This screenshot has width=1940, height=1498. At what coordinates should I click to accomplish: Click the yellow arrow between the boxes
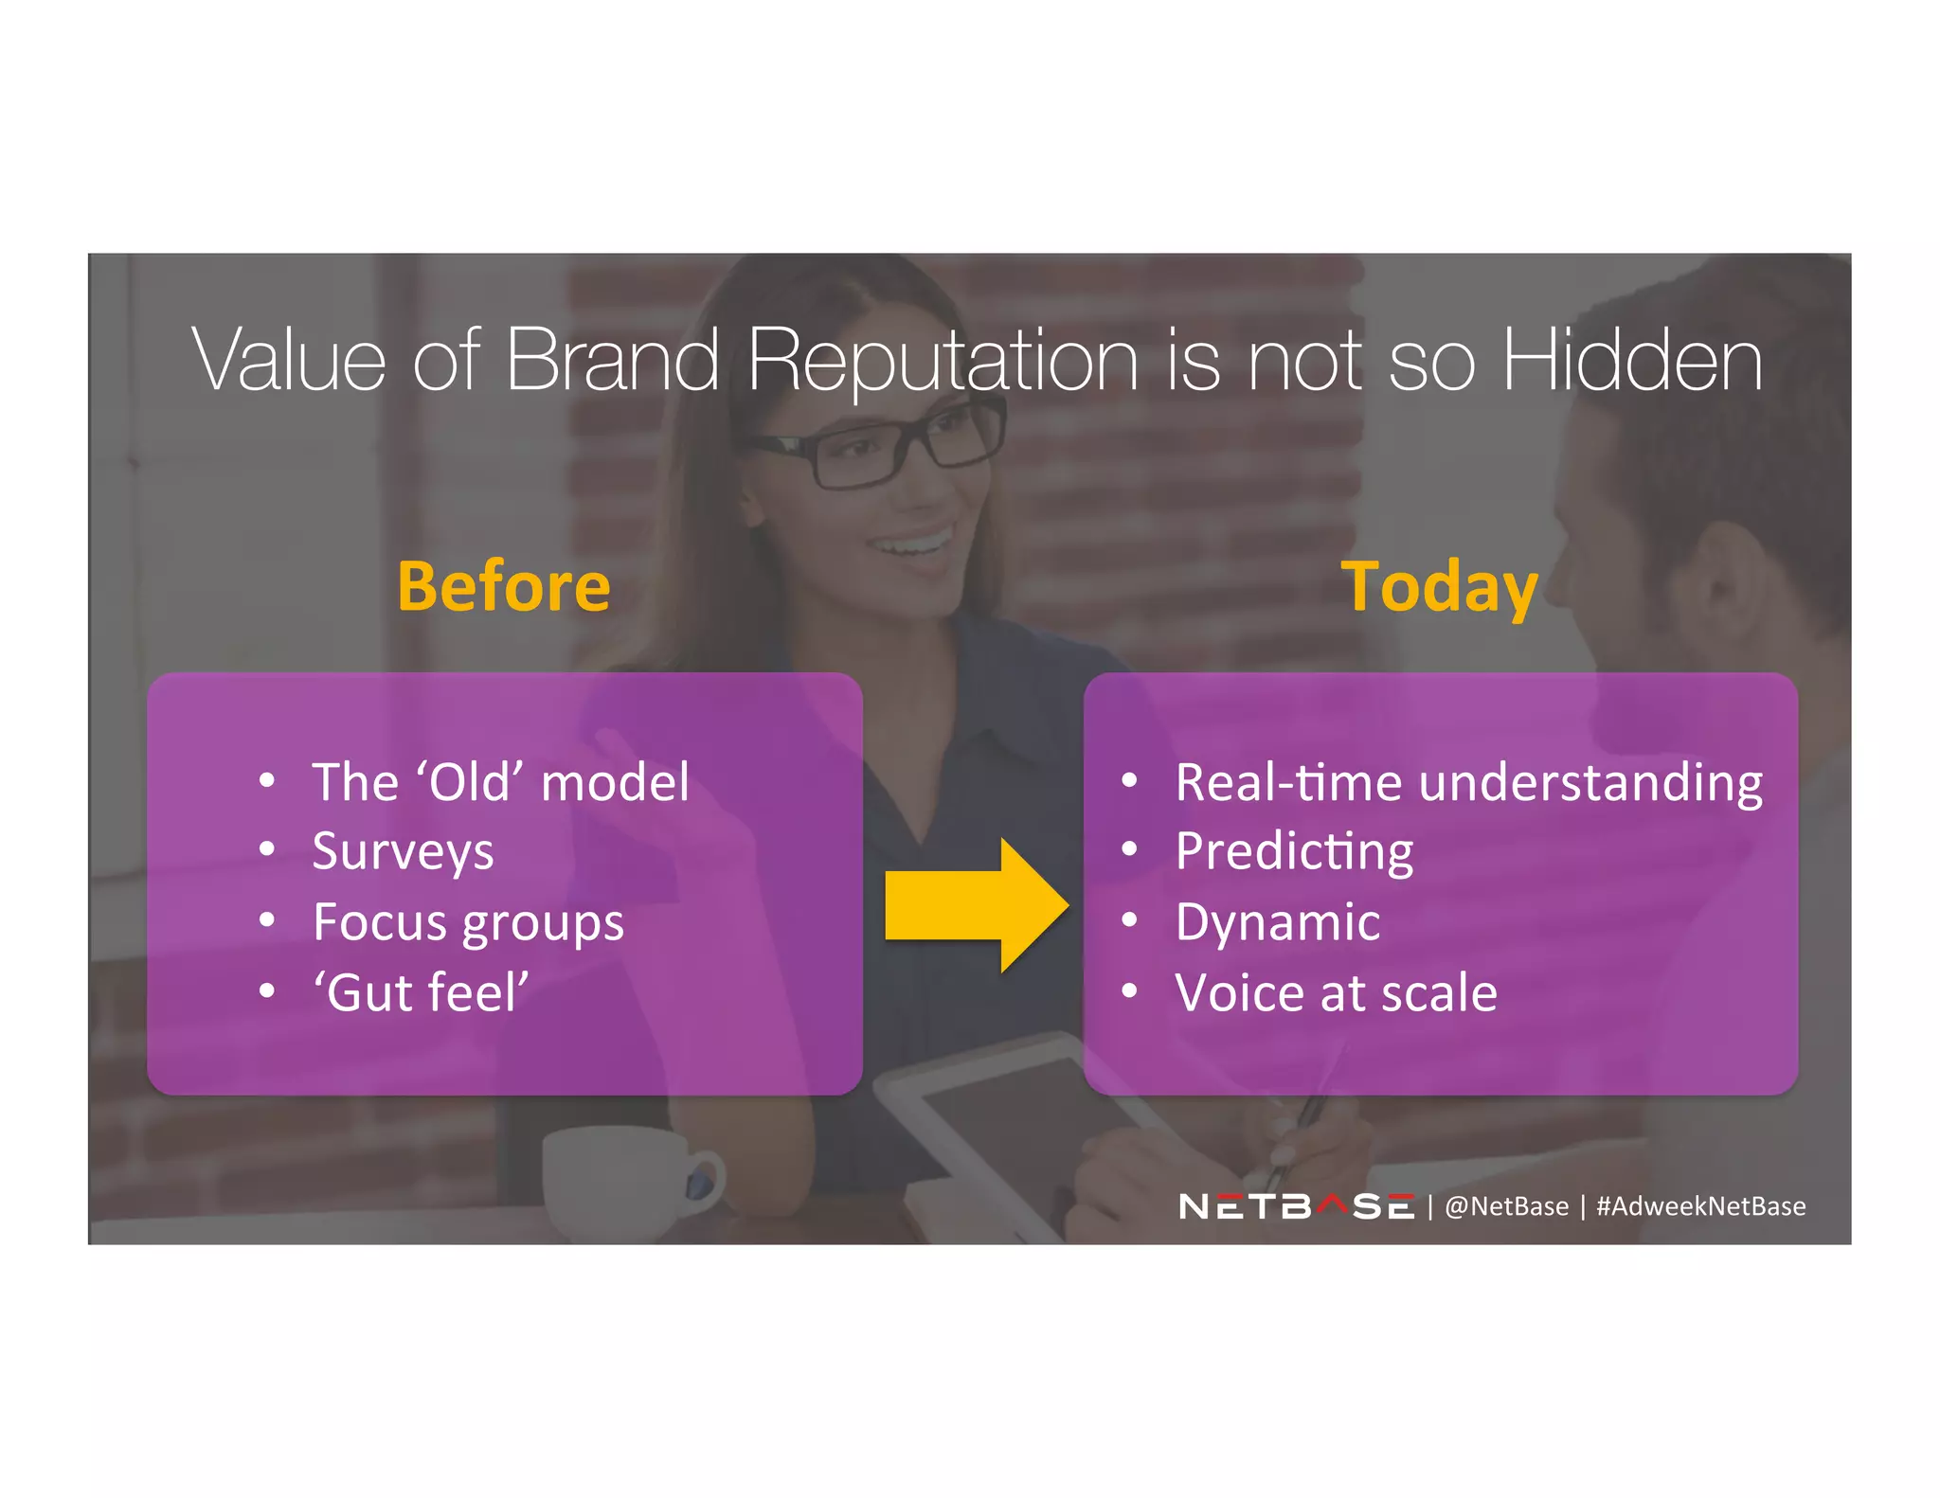point(976,905)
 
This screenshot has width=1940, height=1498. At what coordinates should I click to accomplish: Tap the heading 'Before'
point(503,586)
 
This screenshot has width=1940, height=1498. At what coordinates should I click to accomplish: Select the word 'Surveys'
point(403,851)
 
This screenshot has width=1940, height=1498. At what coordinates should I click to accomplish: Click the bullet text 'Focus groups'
point(468,922)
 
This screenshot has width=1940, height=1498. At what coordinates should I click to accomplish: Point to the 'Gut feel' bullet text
point(421,992)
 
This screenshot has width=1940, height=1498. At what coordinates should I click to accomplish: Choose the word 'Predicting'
point(1294,851)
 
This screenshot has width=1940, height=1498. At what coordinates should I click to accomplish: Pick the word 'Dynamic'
point(1277,922)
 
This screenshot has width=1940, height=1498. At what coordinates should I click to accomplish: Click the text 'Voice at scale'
point(1336,992)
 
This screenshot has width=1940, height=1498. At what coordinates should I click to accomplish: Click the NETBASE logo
point(1296,1206)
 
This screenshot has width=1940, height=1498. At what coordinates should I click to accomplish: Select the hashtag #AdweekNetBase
point(1700,1206)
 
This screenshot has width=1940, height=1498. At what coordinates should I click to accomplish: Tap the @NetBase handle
point(1505,1206)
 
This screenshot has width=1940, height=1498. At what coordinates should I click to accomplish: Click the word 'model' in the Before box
point(615,783)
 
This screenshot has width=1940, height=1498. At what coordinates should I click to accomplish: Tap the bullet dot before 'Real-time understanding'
point(1128,781)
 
